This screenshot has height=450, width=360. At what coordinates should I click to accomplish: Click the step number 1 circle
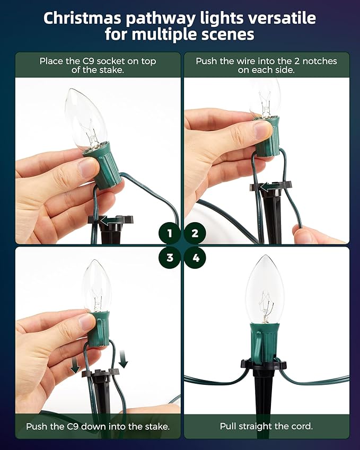(170, 233)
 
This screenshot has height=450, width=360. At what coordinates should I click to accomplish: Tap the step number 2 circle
(195, 233)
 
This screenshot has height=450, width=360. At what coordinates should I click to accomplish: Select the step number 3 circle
(170, 258)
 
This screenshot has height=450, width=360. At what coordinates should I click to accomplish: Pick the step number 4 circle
(195, 258)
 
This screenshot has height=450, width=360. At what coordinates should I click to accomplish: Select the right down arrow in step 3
(123, 359)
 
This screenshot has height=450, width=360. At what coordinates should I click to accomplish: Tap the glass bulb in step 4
(265, 289)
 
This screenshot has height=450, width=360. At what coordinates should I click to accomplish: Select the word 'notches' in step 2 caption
(319, 61)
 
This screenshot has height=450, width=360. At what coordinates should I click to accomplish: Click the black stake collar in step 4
(264, 365)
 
